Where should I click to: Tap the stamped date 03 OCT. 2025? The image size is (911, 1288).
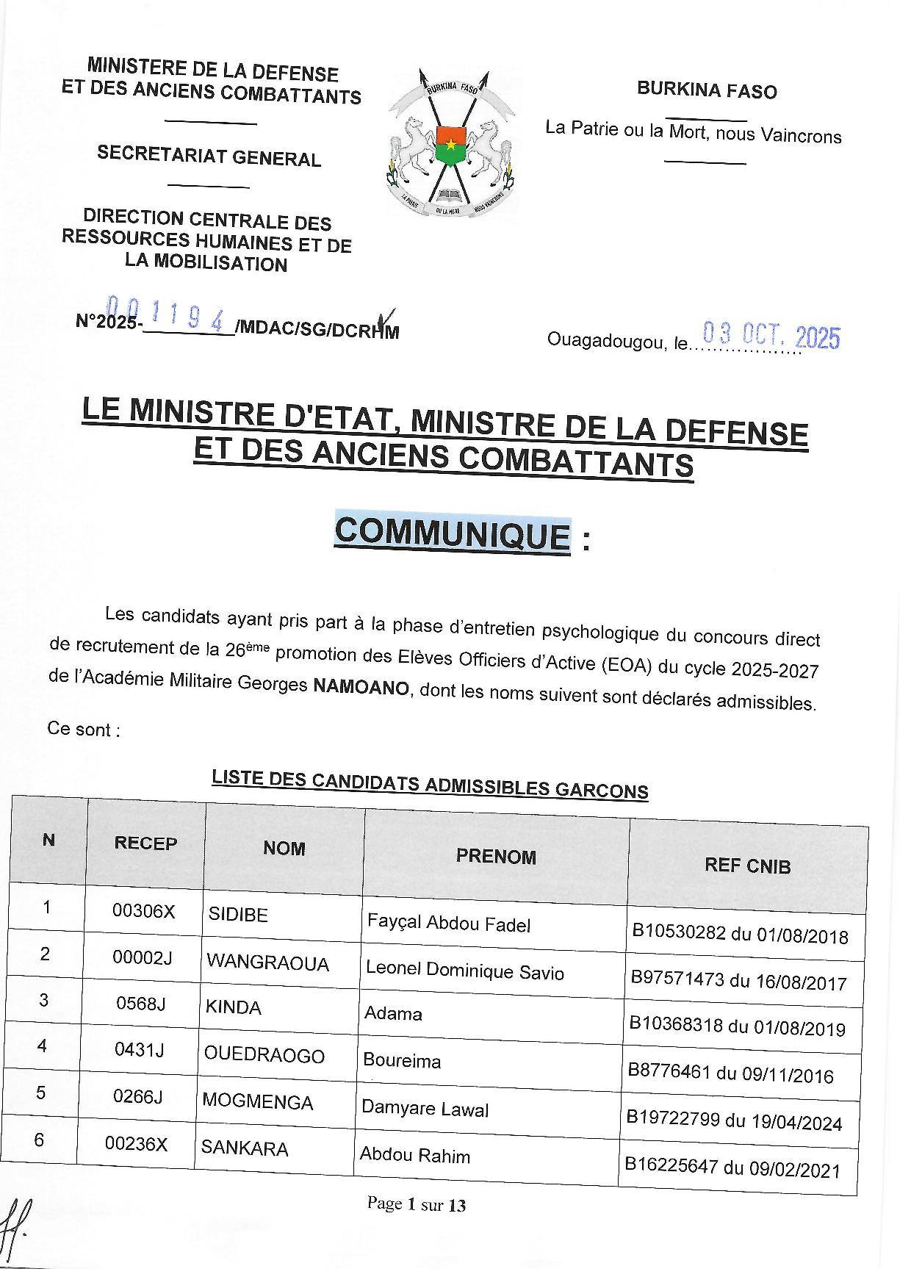771,337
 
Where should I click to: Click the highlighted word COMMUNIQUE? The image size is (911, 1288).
453,533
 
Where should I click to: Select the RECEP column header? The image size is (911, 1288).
145,843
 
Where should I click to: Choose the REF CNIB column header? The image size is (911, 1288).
747,866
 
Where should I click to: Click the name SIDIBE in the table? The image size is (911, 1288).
238,915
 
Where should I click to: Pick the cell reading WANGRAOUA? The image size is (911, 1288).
267,963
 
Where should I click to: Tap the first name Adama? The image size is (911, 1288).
393,1014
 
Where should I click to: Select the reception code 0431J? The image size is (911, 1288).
140,1049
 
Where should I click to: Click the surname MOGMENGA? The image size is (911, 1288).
257,1102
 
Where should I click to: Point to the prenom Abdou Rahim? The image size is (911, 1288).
414,1156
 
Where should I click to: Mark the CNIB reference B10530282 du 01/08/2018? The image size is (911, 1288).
740,935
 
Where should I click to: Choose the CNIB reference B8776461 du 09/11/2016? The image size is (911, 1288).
730,1074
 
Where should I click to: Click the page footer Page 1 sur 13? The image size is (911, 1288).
417,1205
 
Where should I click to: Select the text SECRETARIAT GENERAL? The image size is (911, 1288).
209,156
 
